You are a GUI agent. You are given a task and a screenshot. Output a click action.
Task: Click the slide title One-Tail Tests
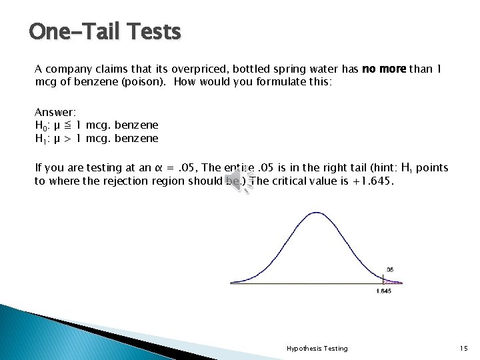105,31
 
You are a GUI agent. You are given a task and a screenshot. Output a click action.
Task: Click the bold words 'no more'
384,69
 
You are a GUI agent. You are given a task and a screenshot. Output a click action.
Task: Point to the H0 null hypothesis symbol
40,125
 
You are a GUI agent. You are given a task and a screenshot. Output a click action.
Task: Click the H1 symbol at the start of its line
40,138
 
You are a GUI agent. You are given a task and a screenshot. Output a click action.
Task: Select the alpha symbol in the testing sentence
158,168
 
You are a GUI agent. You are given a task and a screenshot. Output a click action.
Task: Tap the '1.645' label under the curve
383,291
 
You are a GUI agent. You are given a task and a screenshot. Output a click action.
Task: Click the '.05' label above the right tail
390,270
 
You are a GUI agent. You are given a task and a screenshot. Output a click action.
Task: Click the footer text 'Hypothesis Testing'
317,348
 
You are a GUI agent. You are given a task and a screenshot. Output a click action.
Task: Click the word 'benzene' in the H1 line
137,138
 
